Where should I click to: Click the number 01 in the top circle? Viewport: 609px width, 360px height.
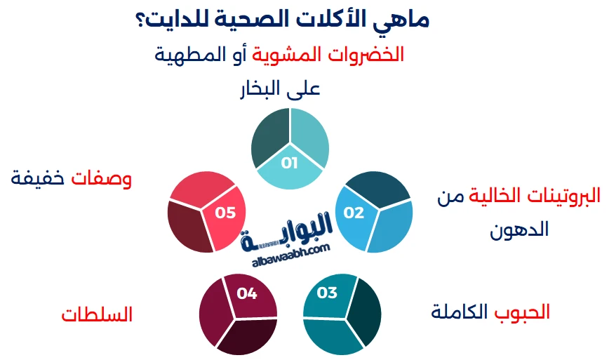pyautogui.click(x=290, y=164)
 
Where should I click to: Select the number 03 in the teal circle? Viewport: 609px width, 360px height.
pyautogui.click(x=328, y=293)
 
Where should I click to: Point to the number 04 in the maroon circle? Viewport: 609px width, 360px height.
pyautogui.click(x=247, y=293)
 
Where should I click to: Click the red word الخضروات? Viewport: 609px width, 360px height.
pyautogui.click(x=371, y=54)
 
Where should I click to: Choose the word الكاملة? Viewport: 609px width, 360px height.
pyautogui.click(x=460, y=312)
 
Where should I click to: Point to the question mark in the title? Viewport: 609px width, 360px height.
pyautogui.click(x=138, y=20)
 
